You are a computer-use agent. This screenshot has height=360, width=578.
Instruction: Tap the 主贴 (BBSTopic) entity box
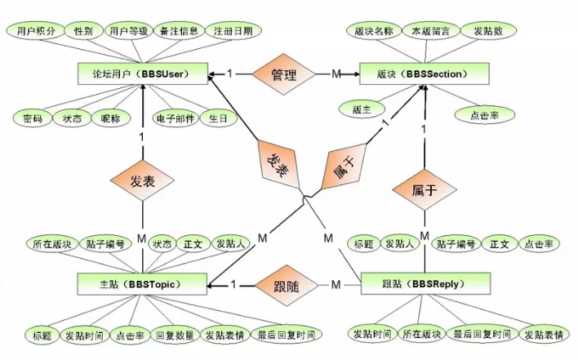click(x=141, y=285)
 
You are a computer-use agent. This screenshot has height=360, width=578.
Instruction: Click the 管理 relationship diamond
click(x=282, y=74)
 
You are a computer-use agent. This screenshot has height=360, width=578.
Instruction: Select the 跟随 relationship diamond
click(x=282, y=285)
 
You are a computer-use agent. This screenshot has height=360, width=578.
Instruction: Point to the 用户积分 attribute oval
click(x=36, y=30)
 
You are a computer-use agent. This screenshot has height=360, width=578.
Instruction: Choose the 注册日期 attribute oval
click(x=233, y=30)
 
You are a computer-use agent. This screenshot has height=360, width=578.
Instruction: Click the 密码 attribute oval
click(x=33, y=118)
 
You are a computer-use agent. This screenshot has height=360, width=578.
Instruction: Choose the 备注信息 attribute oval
click(x=177, y=30)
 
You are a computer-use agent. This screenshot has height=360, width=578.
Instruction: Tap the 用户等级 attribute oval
click(x=128, y=30)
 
